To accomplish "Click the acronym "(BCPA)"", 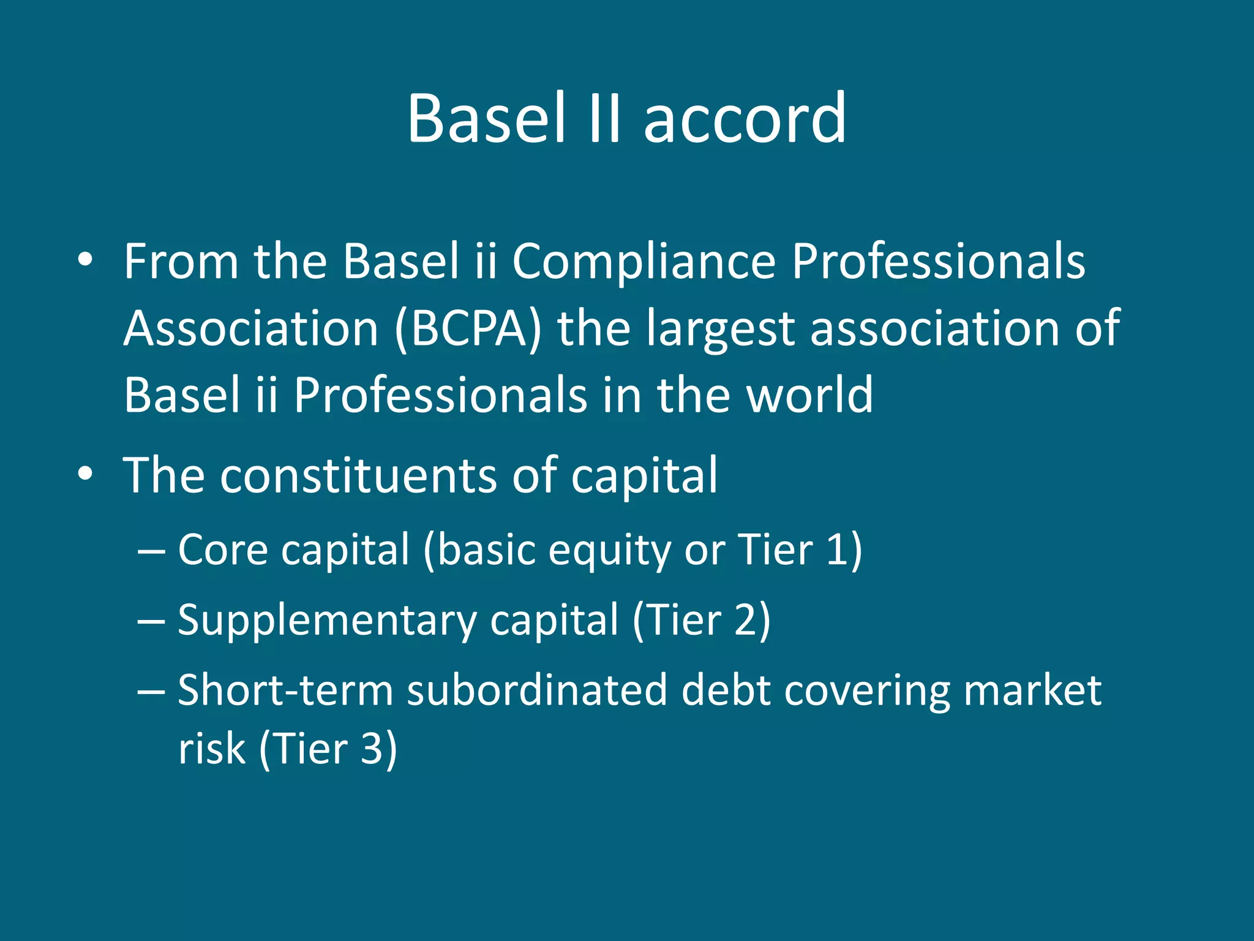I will pyautogui.click(x=468, y=329).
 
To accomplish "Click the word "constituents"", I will pyautogui.click(x=358, y=476).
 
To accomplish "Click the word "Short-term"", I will pyautogui.click(x=285, y=690).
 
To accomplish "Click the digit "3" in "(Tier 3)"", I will pyautogui.click(x=372, y=749).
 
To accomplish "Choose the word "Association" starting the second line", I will pyautogui.click(x=251, y=329).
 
